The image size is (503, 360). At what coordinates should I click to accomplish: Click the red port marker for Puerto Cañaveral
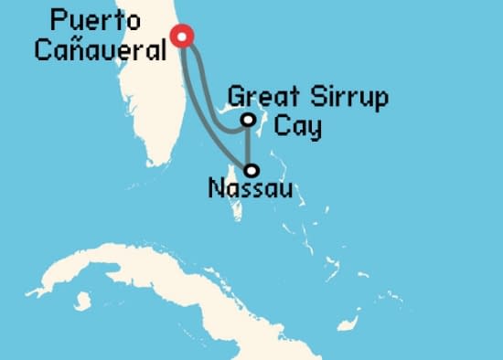click(182, 37)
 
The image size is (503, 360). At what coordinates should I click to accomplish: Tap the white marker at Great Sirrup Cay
click(248, 120)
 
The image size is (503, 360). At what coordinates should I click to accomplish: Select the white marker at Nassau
click(251, 170)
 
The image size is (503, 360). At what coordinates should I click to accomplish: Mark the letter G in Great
click(236, 97)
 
